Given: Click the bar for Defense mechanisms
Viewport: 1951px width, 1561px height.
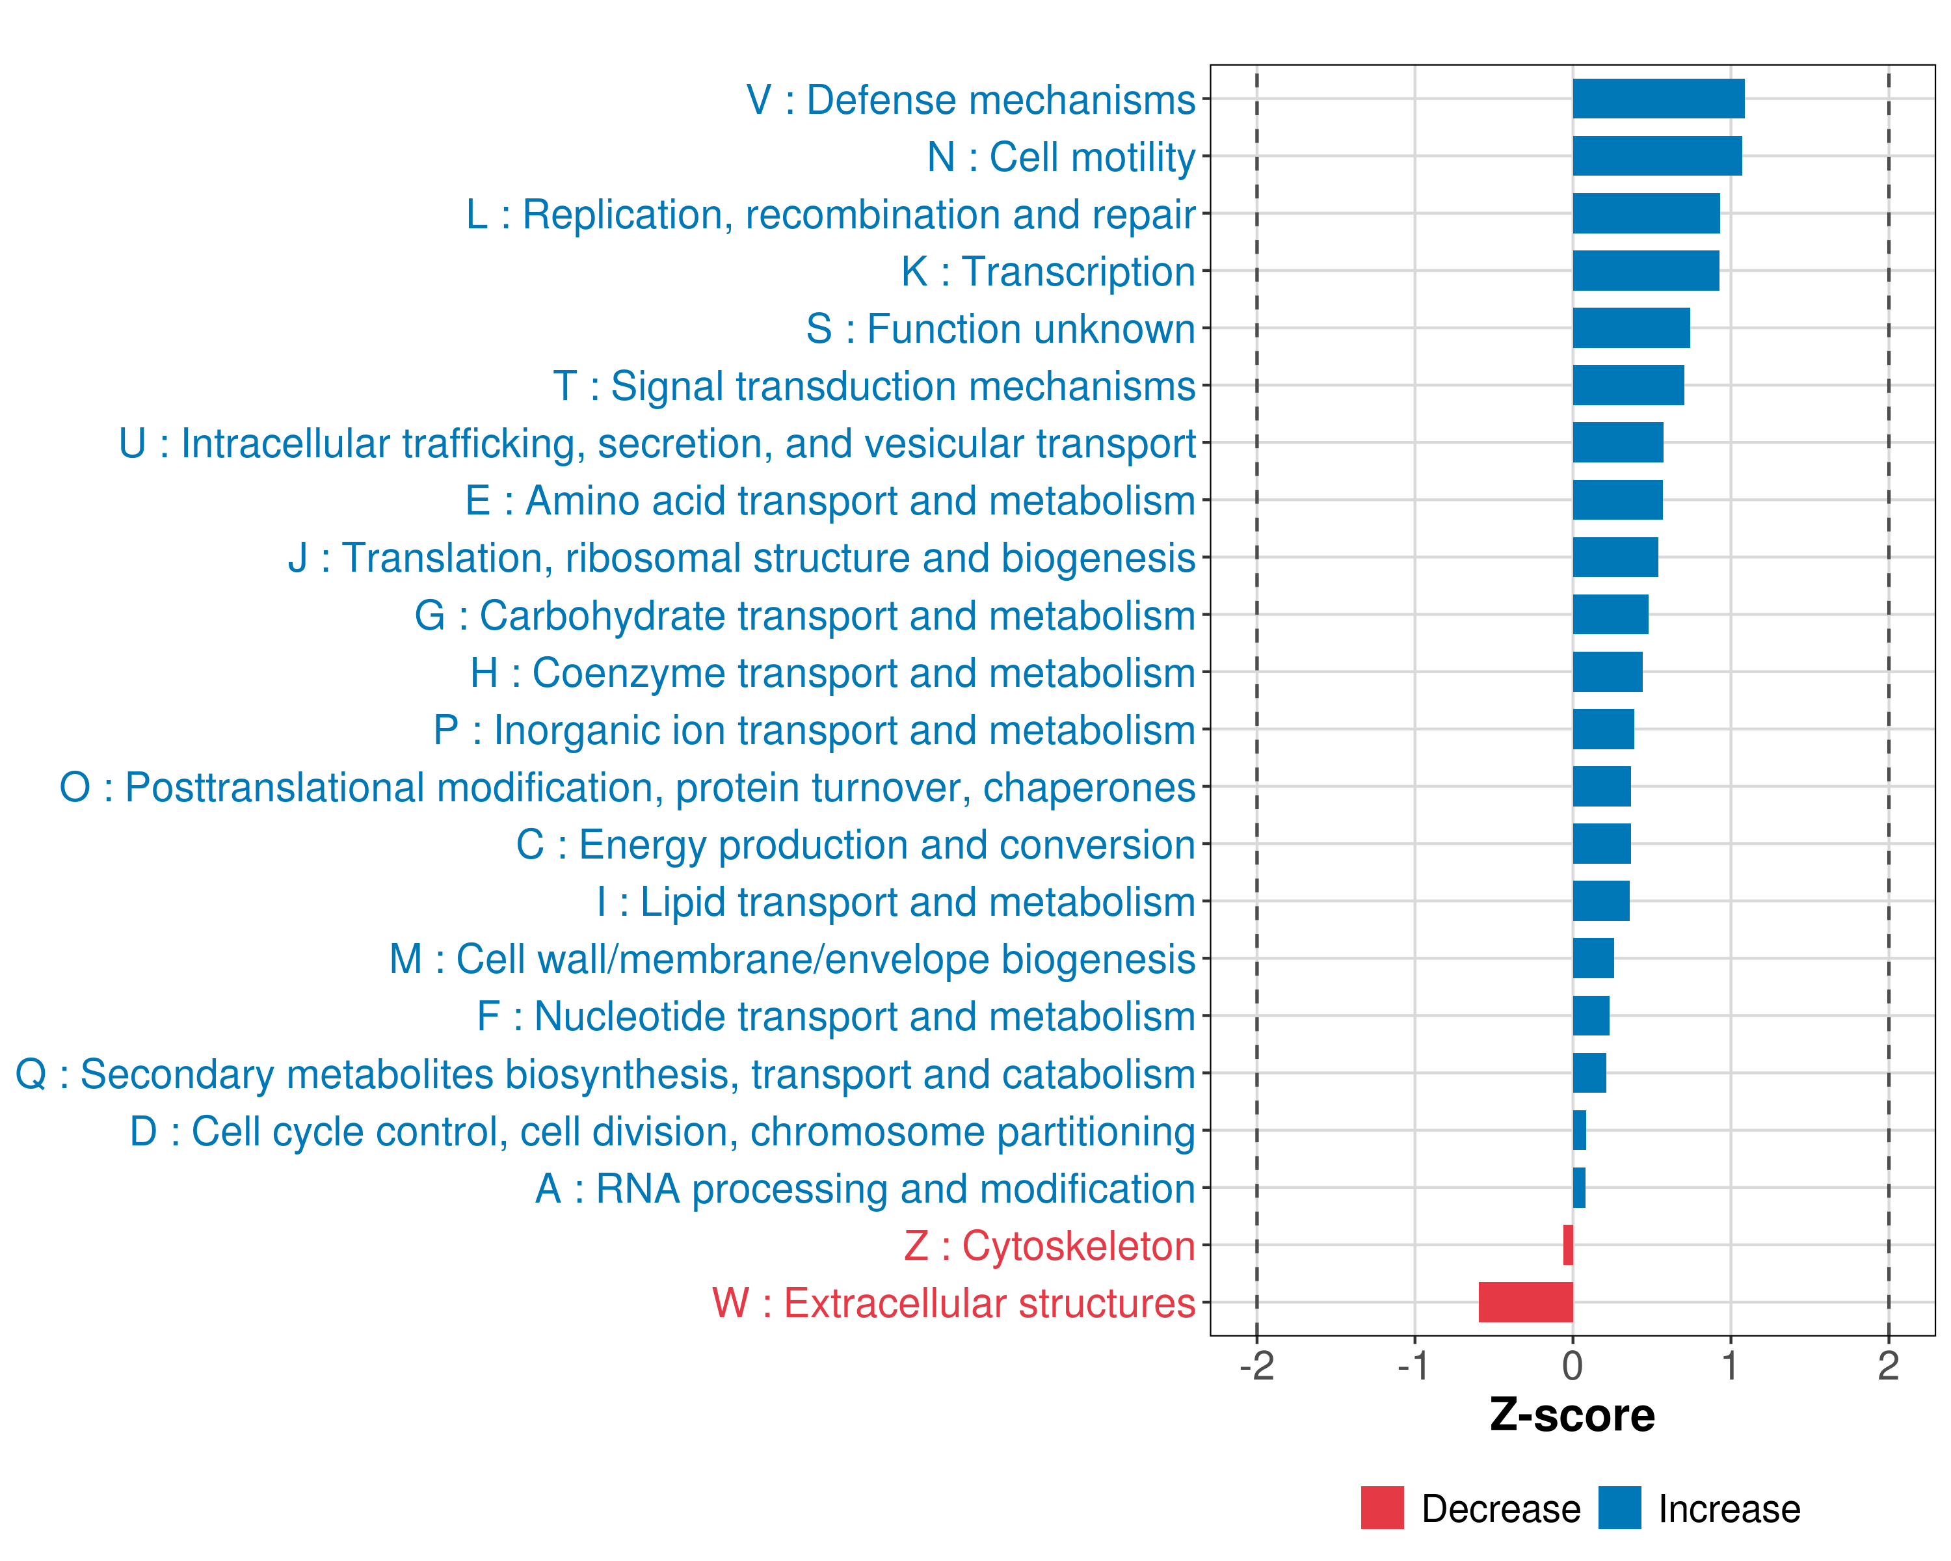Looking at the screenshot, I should click(x=1658, y=99).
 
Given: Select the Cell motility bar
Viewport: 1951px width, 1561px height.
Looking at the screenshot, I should click(x=1657, y=155).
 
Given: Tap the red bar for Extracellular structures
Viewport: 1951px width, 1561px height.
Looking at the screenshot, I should click(x=1526, y=1302).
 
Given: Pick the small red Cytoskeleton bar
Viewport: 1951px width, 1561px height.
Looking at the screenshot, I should click(x=1568, y=1245).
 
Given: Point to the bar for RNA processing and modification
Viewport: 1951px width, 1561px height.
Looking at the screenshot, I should click(x=1579, y=1187).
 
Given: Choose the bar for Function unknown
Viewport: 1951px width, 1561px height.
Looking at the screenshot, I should click(x=1630, y=328).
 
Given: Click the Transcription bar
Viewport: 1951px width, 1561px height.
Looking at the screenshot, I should click(x=1645, y=271).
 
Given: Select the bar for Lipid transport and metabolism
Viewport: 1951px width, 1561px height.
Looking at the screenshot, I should click(x=1601, y=901).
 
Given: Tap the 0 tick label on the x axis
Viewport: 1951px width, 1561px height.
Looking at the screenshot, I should click(x=1573, y=1365).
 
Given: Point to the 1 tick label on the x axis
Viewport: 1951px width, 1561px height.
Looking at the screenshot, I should click(x=1730, y=1365).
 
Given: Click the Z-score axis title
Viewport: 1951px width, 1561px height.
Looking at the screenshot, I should click(x=1572, y=1415).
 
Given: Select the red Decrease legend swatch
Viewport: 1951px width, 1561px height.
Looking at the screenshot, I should click(x=1382, y=1508).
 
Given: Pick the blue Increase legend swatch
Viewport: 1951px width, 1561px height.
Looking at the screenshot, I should click(x=1619, y=1508).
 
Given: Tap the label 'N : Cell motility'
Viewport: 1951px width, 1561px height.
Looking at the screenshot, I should click(x=1061, y=157).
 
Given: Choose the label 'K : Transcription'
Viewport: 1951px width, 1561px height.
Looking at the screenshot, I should click(x=1048, y=271).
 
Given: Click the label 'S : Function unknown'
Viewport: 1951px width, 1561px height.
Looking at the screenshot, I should click(x=1000, y=329).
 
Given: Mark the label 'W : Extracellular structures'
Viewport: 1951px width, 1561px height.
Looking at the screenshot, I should click(x=954, y=1303).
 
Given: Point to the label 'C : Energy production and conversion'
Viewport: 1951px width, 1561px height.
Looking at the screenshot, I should click(x=855, y=845).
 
